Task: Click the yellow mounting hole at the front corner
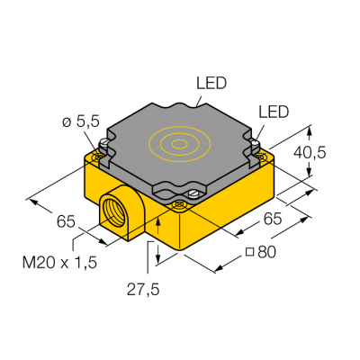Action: pyautogui.click(x=181, y=206)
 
